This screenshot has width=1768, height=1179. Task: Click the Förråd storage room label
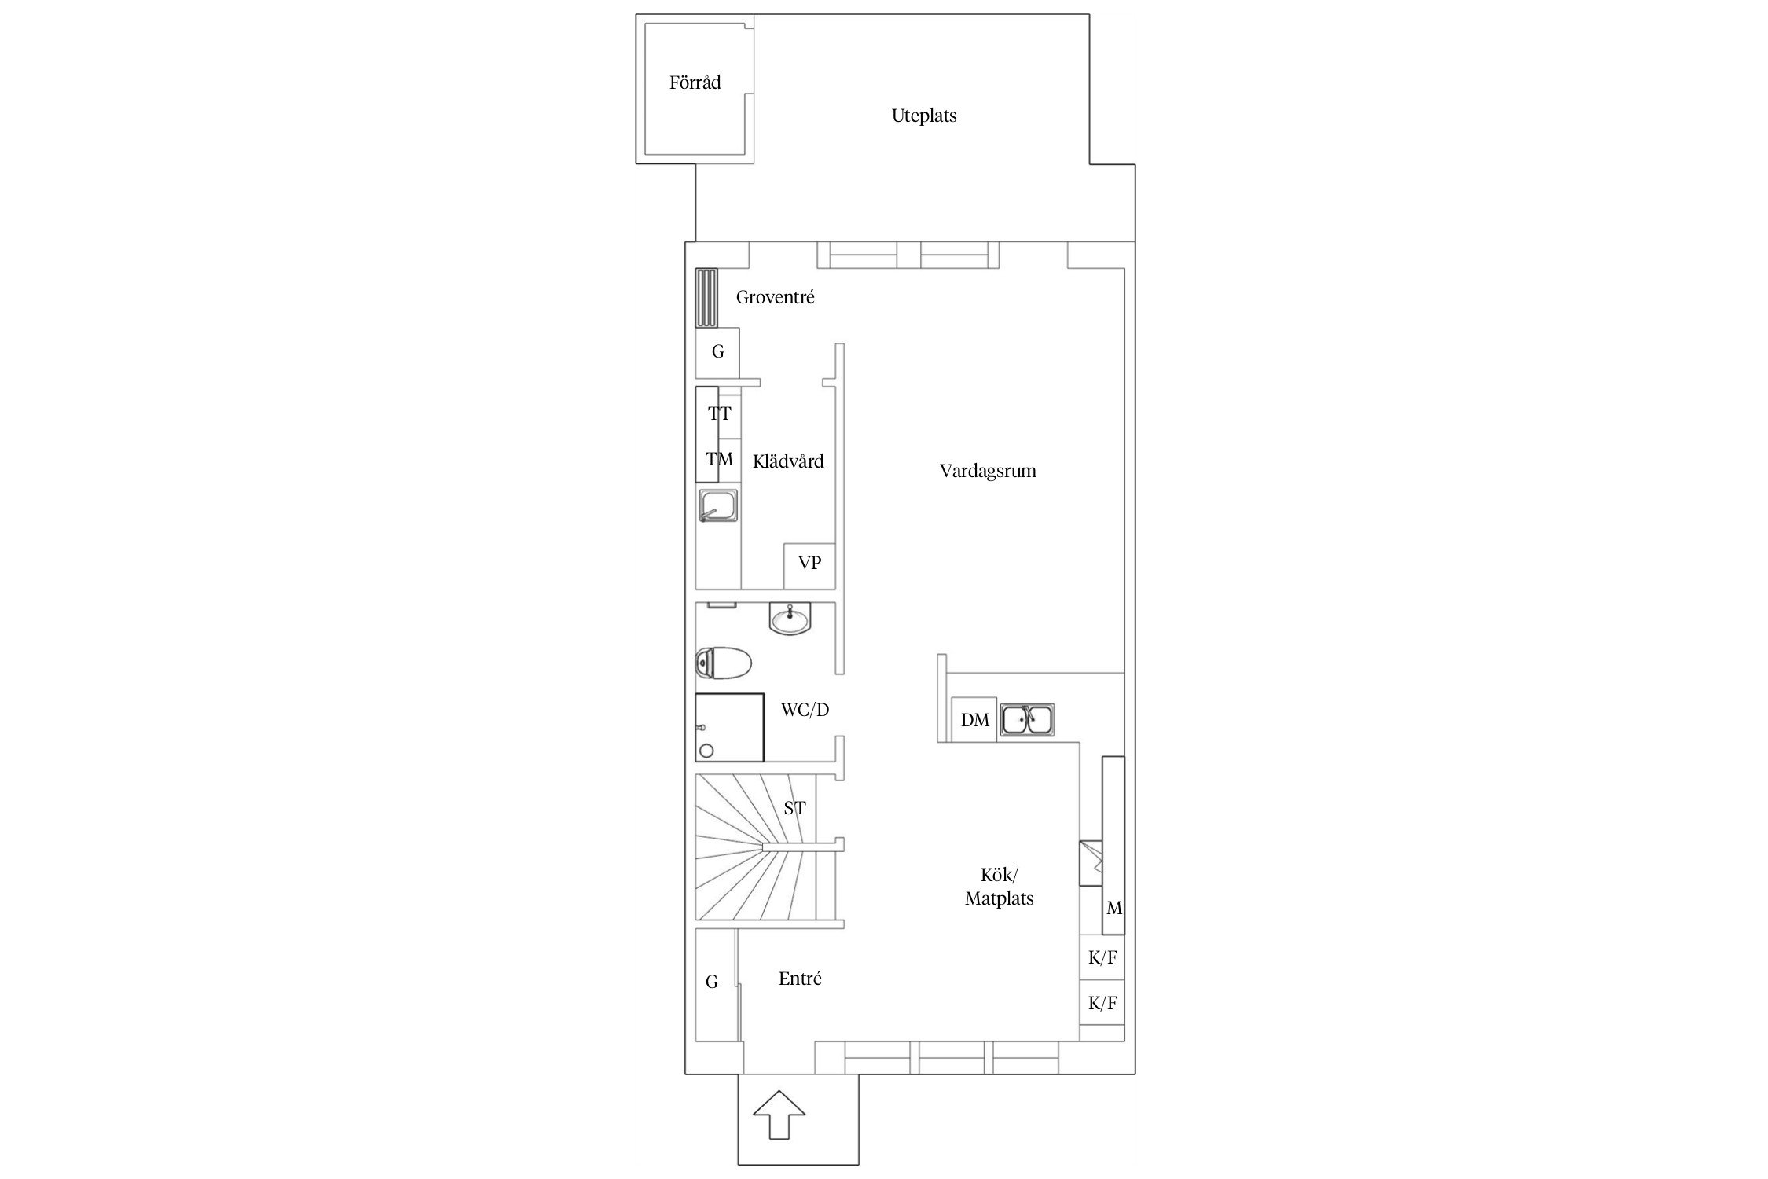click(x=695, y=83)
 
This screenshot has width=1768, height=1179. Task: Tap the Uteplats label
click(x=924, y=116)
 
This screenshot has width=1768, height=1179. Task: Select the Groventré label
click(x=775, y=297)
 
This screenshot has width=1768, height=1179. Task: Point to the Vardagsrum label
click(x=988, y=472)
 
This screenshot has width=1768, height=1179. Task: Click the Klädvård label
click(x=788, y=461)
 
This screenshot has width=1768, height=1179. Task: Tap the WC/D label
click(x=805, y=710)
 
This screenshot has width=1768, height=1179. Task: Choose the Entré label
click(x=800, y=979)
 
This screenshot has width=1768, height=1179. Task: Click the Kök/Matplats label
click(x=999, y=887)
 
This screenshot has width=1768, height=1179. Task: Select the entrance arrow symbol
click(x=779, y=1114)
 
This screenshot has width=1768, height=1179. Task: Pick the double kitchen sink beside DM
click(x=1027, y=720)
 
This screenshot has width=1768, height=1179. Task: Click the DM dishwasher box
click(x=974, y=720)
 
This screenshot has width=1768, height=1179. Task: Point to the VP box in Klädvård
click(x=809, y=565)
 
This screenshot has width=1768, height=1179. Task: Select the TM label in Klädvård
click(x=719, y=459)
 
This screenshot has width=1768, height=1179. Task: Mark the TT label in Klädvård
click(x=719, y=413)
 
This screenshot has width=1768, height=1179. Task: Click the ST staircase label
click(x=794, y=808)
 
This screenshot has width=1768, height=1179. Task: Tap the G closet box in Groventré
click(x=717, y=352)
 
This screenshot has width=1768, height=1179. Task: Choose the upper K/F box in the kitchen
click(x=1102, y=957)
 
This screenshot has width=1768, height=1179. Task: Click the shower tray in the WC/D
click(x=729, y=727)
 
